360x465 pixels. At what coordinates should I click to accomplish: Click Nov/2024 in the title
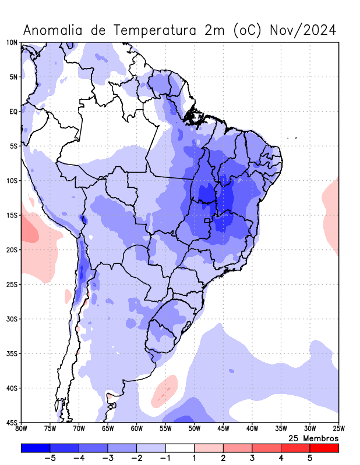[303, 30]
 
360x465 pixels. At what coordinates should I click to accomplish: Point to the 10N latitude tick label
[12, 42]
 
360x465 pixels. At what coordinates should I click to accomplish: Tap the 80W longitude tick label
[22, 429]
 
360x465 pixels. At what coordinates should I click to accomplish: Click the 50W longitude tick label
[195, 429]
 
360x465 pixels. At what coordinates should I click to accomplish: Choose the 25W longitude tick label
[338, 429]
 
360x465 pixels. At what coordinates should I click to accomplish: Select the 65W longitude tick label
[108, 429]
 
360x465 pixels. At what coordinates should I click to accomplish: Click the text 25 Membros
[313, 438]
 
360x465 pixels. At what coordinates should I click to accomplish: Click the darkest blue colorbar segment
[36, 448]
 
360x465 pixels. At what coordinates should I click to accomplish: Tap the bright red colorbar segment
[324, 448]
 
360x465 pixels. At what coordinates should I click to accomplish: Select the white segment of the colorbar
[180, 448]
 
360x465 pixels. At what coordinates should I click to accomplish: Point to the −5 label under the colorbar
[50, 459]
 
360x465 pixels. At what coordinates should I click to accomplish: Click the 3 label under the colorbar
[252, 459]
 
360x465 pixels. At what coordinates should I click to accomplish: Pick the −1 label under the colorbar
[165, 459]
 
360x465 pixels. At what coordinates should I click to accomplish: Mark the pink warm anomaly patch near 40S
[165, 391]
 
